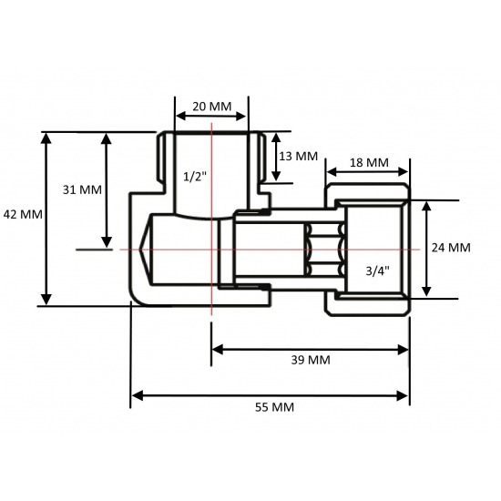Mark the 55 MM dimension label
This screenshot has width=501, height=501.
pyautogui.click(x=271, y=406)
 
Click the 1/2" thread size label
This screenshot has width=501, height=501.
pyautogui.click(x=194, y=176)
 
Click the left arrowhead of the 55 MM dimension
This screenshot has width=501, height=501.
pyautogui.click(x=138, y=395)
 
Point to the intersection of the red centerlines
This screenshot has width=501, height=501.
pyautogui.click(x=211, y=249)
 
